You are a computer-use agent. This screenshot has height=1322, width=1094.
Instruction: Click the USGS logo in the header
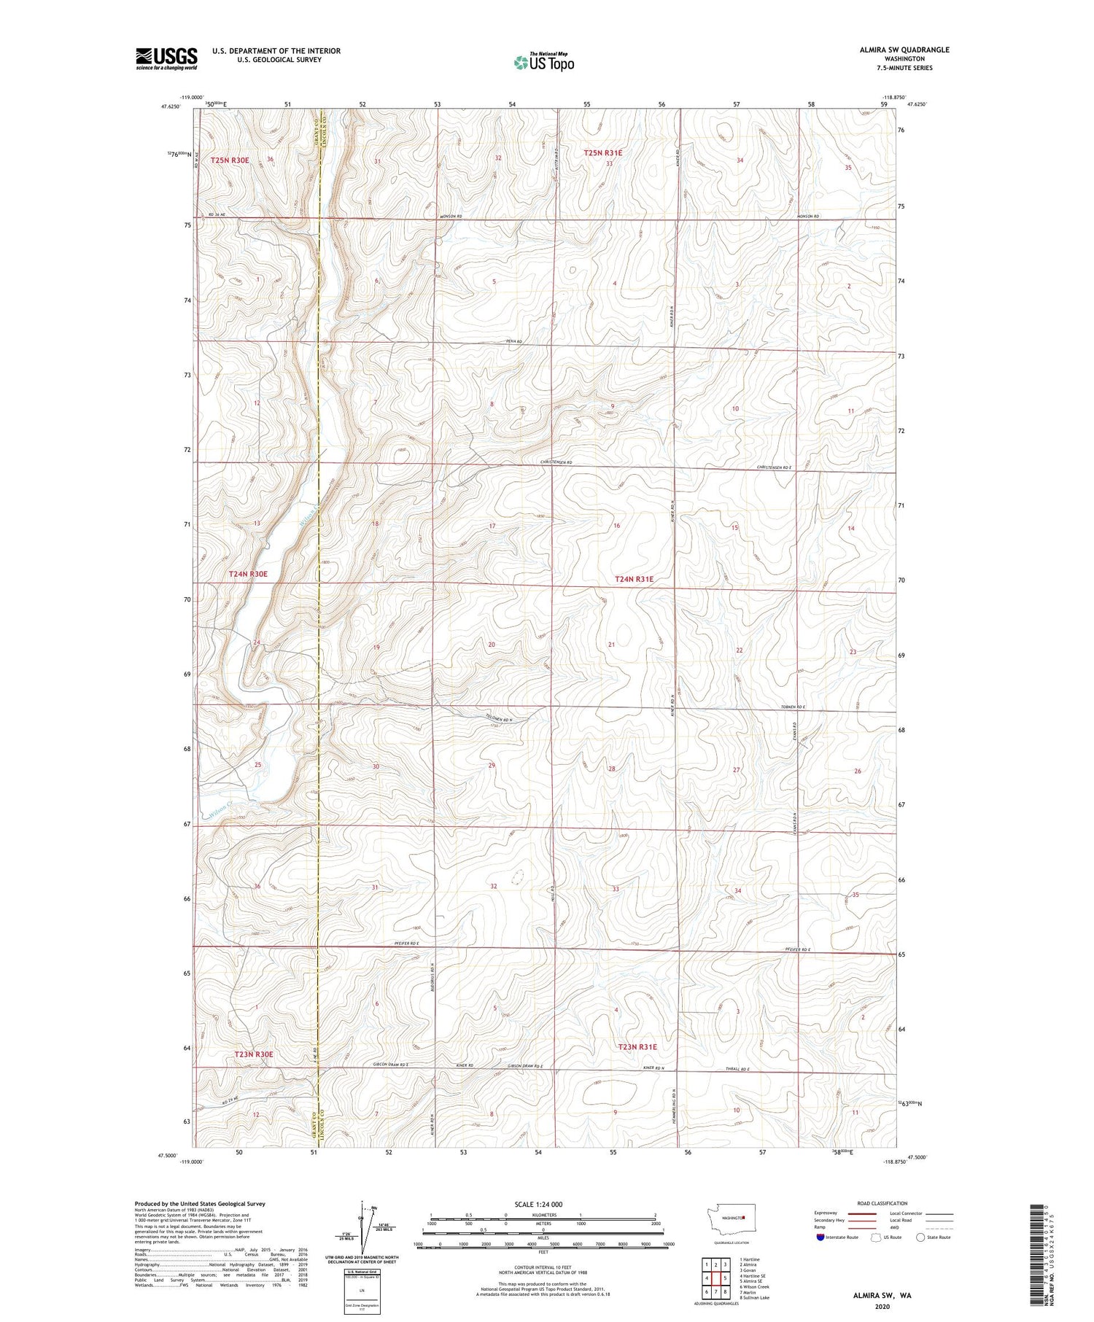[166, 58]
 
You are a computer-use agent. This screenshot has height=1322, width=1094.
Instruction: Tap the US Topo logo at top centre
[544, 62]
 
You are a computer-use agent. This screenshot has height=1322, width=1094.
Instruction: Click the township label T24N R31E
[634, 579]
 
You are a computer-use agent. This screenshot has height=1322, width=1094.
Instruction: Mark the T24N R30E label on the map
[248, 574]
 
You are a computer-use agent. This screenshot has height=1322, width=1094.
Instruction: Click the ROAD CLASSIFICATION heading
[882, 1203]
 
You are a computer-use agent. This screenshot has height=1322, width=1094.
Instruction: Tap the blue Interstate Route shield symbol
[820, 1237]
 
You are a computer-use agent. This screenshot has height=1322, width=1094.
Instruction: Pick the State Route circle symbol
[920, 1237]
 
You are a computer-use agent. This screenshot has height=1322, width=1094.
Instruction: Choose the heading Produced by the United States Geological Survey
[199, 1204]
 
